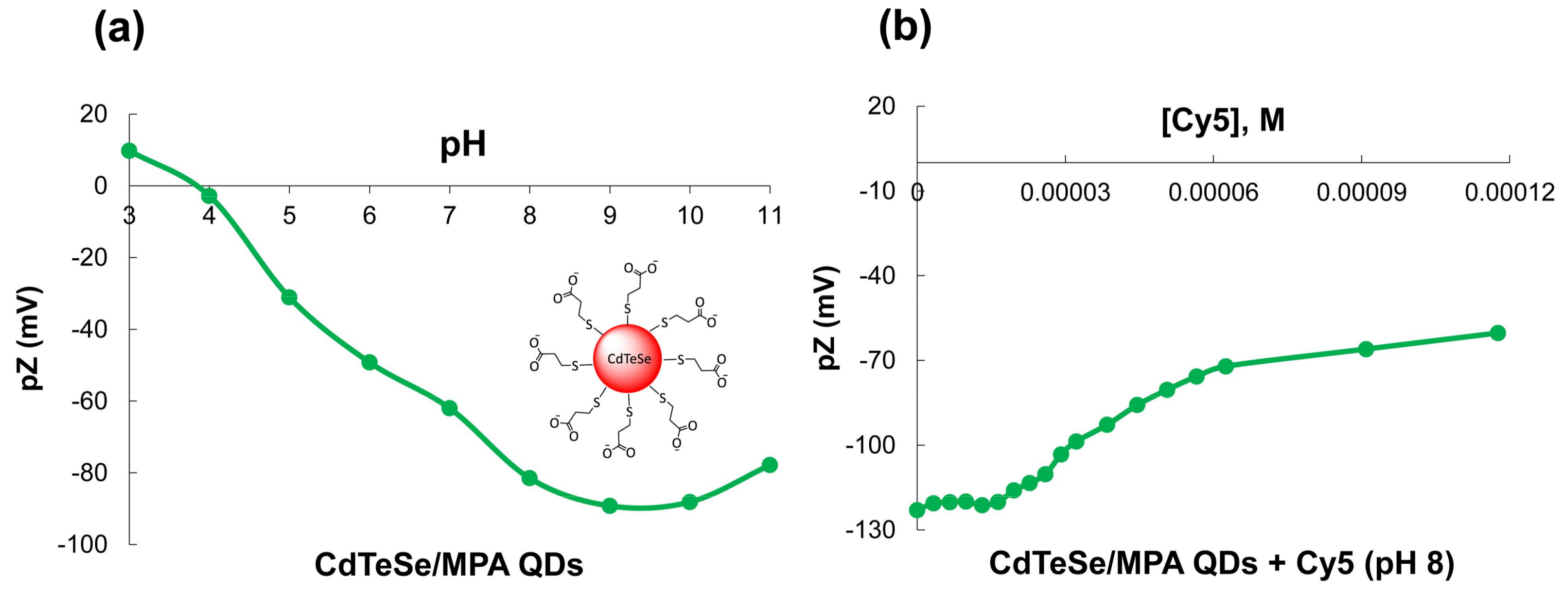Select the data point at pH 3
129,150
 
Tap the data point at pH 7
449,408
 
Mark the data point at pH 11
770,465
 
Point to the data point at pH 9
610,505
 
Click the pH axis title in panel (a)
463,145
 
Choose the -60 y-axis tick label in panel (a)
88,401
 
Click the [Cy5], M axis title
1223,120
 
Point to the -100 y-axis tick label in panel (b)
870,445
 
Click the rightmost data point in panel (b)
1498,333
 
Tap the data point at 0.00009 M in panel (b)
1366,349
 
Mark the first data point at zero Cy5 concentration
917,510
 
